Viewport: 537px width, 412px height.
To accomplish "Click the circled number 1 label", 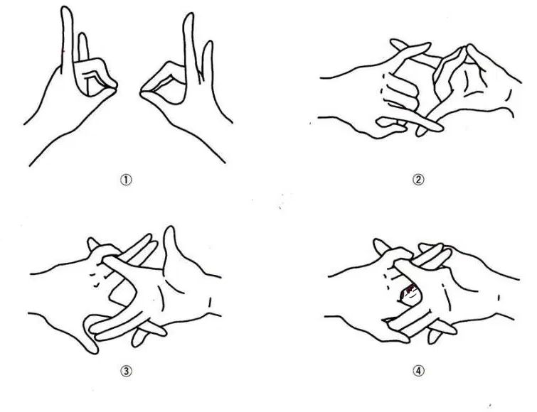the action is click(126, 180).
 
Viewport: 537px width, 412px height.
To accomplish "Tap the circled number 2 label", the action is click(418, 180).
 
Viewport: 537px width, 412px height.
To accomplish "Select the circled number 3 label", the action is click(126, 371).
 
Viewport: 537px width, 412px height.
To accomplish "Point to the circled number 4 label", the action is click(418, 371).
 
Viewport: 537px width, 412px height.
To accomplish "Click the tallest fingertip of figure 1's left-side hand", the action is click(67, 9).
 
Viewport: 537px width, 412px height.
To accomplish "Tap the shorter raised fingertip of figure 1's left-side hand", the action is click(83, 34).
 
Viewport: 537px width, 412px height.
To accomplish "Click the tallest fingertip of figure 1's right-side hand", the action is click(189, 14).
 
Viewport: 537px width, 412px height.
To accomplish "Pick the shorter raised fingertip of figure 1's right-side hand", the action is click(208, 43).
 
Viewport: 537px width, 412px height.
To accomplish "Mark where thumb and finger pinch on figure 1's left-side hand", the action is click(113, 85).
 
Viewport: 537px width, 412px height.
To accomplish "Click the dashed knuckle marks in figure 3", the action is click(94, 278).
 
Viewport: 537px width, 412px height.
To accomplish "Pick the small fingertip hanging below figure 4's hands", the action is click(432, 338).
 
